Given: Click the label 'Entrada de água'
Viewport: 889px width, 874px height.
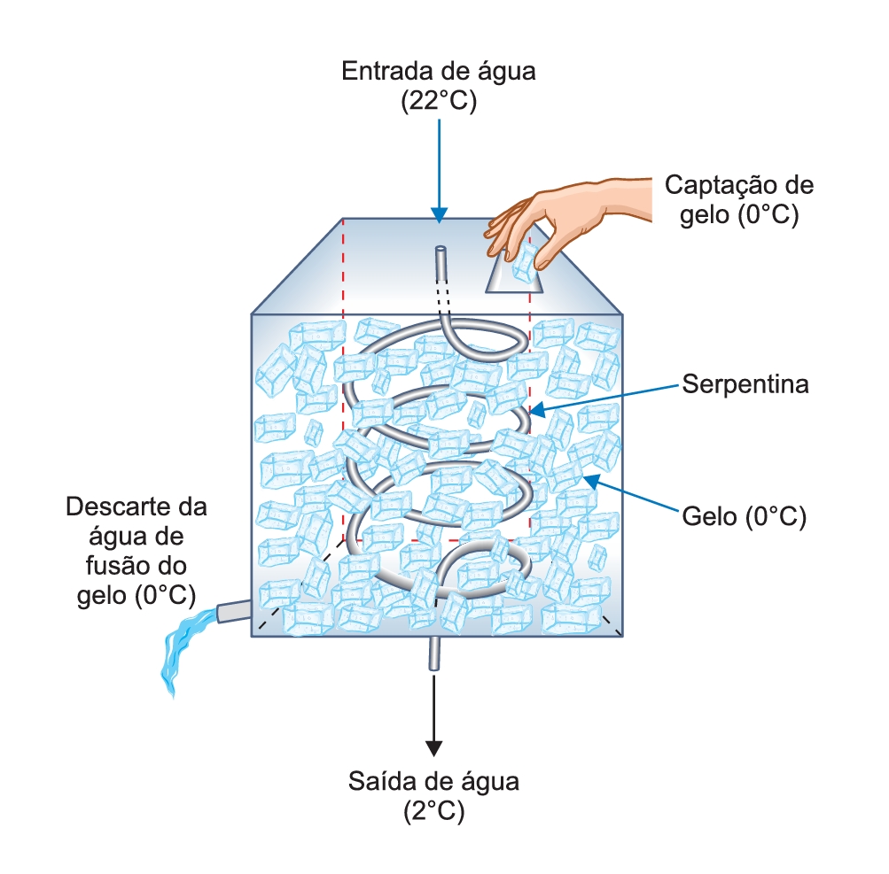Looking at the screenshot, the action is point(438,72).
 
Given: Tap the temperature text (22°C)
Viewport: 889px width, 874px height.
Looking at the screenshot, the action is point(439,101).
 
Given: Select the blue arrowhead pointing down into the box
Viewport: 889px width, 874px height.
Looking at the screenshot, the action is point(439,215).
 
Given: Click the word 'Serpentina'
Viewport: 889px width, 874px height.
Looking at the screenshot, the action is point(745,384).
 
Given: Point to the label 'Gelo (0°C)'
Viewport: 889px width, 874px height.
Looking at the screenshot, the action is point(744,516).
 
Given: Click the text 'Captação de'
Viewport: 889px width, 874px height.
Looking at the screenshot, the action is point(739,185).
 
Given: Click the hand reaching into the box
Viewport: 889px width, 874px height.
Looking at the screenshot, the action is point(567,215).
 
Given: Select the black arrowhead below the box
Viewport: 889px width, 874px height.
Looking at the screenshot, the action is point(433,748).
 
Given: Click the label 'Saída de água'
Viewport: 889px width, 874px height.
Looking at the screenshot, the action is point(433,781).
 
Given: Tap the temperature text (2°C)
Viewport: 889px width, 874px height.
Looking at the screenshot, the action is point(433,811).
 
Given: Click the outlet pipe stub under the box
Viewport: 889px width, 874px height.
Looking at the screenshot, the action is point(433,654).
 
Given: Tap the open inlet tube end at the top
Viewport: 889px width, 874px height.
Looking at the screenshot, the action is point(441,249).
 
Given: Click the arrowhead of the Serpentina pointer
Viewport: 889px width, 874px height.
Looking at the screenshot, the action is point(536,409).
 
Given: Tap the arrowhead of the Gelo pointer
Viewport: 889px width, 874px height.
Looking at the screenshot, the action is point(591,481).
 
